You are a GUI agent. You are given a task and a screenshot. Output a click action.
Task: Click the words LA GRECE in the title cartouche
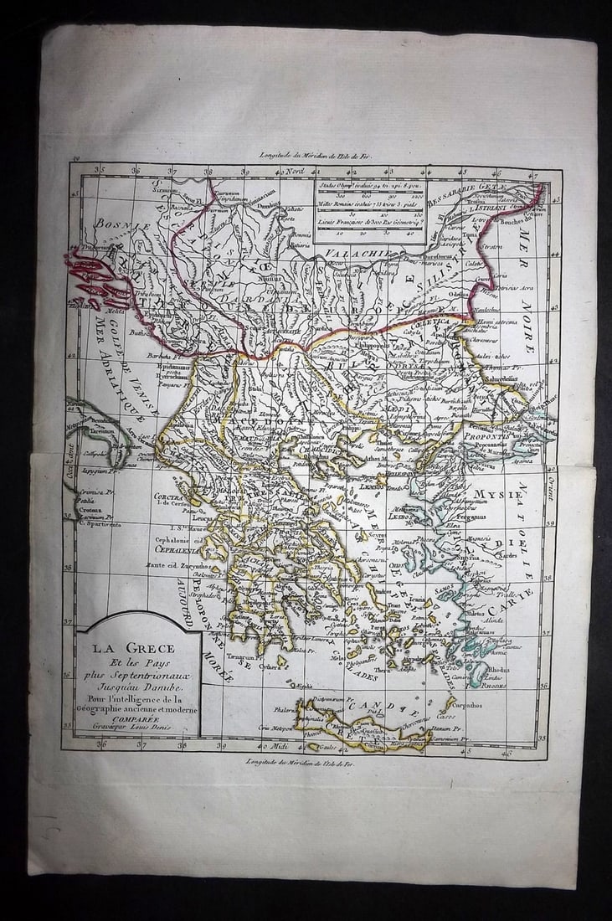pyautogui.click(x=133, y=646)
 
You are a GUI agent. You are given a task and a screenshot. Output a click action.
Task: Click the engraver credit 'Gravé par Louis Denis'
pyautogui.click(x=137, y=726)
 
